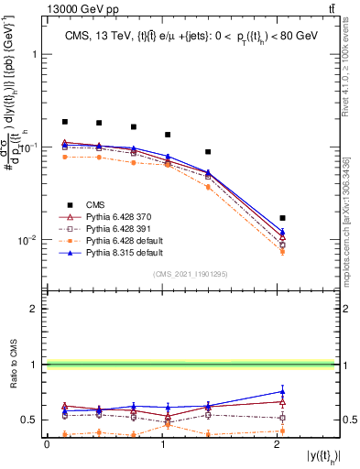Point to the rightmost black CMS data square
[282, 218]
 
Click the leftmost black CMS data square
[65, 122]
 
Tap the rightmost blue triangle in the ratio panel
[282, 391]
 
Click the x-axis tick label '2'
[278, 444]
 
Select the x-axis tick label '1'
[162, 444]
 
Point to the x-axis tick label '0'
[47, 444]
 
